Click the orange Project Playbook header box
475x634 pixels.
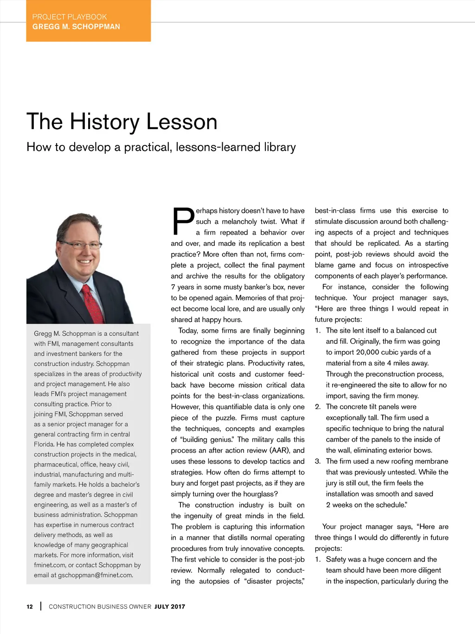click(x=88, y=21)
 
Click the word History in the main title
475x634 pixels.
click(x=105, y=122)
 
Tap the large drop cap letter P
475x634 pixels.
click(x=183, y=222)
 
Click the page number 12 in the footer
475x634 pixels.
click(x=30, y=607)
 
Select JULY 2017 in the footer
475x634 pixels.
click(x=170, y=607)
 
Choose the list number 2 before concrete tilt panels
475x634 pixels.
click(x=317, y=407)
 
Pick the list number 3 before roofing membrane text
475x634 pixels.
click(x=317, y=461)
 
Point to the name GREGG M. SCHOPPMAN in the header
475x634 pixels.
click(x=76, y=27)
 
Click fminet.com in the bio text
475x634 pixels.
click(x=50, y=565)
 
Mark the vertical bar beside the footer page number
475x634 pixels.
click(x=41, y=606)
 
